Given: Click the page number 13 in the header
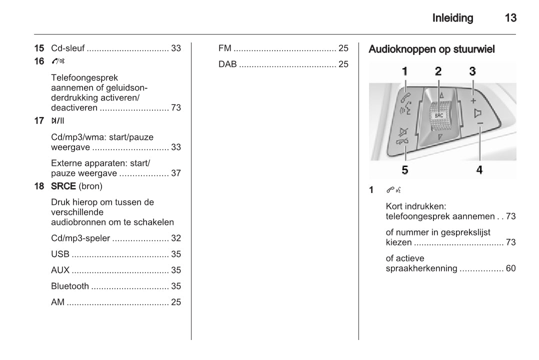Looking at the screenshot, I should click(x=510, y=18).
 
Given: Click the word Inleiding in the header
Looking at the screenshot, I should click(x=452, y=18).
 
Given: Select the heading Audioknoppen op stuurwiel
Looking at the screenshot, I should click(x=431, y=49).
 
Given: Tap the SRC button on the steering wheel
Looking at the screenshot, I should click(x=438, y=114).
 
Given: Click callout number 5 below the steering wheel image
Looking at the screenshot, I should click(x=404, y=170).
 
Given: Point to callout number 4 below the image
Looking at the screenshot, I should click(x=479, y=170).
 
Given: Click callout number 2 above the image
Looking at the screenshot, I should click(x=438, y=71).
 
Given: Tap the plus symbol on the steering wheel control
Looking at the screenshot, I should click(x=473, y=100).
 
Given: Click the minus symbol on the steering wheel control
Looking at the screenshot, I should click(x=479, y=123).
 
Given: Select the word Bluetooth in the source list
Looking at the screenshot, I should click(x=70, y=286).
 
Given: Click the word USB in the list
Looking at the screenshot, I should click(x=60, y=254).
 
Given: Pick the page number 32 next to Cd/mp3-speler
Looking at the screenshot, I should click(x=176, y=238).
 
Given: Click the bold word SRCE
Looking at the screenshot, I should click(x=63, y=186).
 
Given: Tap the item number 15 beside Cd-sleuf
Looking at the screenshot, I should click(x=39, y=48).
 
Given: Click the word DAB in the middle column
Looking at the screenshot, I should click(x=228, y=64).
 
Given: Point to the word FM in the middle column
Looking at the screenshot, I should click(x=225, y=48).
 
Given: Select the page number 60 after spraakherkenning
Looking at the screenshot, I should click(x=510, y=268).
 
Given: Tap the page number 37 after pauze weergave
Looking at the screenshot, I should click(x=176, y=173).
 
